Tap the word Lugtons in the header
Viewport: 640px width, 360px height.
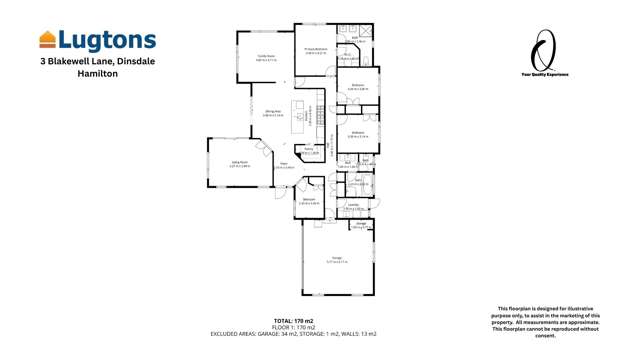[107, 40]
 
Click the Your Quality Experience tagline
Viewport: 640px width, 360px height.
[545, 74]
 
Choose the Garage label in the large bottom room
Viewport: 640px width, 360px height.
[337, 258]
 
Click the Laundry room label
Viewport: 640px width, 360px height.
[354, 206]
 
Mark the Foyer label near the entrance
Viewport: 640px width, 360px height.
[285, 165]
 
